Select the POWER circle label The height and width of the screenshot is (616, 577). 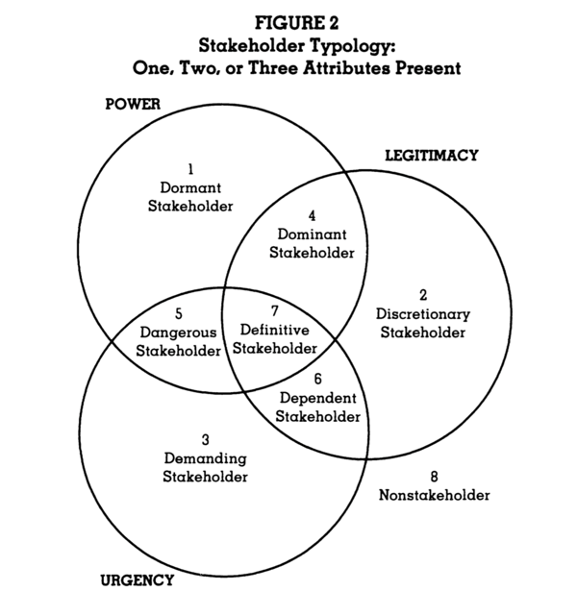pyautogui.click(x=132, y=103)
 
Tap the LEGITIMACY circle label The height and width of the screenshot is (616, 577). pyautogui.click(x=431, y=155)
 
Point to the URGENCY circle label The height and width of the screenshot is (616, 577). pyautogui.click(x=137, y=579)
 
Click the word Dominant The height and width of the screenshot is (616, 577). pyautogui.click(x=311, y=234)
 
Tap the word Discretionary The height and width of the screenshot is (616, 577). pyautogui.click(x=422, y=313)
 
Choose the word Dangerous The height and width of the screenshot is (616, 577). pyautogui.click(x=179, y=332)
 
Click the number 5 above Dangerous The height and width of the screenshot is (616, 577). pyautogui.click(x=179, y=313)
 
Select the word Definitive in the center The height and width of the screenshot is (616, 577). pyautogui.click(x=274, y=331)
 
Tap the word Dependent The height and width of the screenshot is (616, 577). pyautogui.click(x=318, y=398)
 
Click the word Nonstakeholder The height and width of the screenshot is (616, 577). pyautogui.click(x=434, y=495)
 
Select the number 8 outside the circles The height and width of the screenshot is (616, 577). pyautogui.click(x=434, y=477)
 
